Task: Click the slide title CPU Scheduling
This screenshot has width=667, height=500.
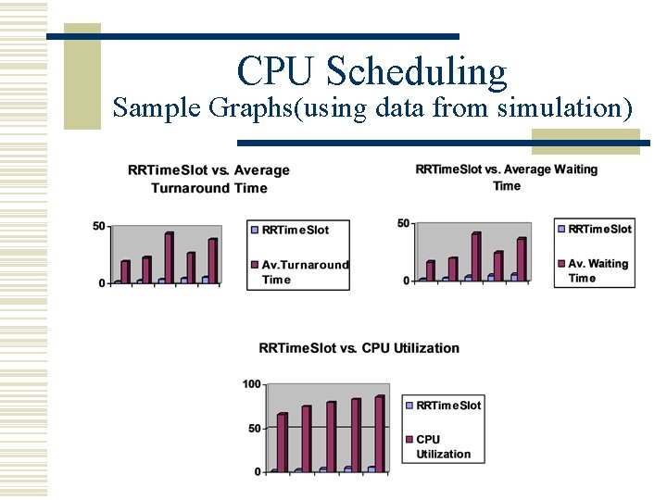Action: point(371,71)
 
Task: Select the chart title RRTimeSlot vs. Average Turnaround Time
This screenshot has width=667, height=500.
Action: point(208,179)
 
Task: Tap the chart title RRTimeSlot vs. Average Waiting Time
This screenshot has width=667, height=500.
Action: point(507,177)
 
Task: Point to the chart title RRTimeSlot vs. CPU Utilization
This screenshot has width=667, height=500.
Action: point(359,348)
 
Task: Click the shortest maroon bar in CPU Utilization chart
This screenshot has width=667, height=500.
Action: point(283,442)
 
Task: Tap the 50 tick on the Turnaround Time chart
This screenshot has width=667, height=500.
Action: point(98,226)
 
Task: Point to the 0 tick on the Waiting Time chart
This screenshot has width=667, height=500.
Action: point(406,281)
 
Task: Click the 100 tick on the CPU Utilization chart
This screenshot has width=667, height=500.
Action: point(251,384)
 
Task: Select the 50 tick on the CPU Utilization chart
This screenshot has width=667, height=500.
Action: point(254,428)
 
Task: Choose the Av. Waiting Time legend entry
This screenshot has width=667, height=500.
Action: point(597,270)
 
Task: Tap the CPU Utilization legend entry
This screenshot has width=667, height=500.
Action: point(442,446)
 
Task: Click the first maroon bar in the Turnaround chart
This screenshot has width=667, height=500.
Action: point(126,271)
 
